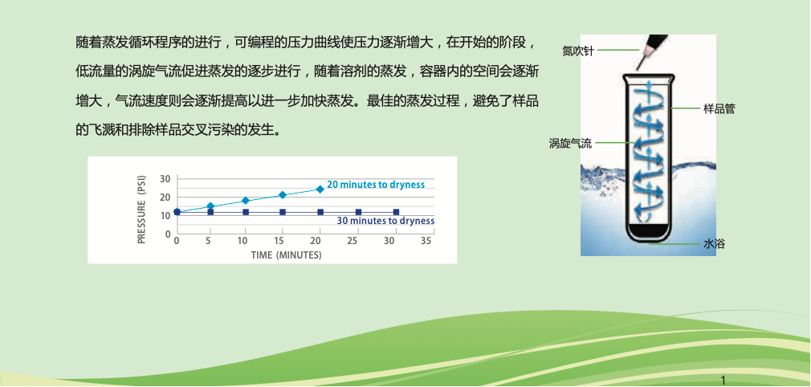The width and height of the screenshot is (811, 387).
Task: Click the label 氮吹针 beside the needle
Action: click(578, 51)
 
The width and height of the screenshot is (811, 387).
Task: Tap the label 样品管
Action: click(719, 108)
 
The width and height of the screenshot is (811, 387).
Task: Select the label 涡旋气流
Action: click(570, 143)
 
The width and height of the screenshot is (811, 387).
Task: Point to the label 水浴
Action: click(713, 244)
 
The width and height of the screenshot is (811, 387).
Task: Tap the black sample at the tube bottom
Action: click(647, 230)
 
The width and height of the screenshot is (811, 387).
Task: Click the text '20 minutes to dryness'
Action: click(376, 185)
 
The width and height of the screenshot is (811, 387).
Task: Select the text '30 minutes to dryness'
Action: click(385, 221)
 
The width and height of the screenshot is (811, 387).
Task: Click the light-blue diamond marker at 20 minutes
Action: click(320, 189)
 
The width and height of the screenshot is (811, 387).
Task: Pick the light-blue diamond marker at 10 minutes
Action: click(246, 200)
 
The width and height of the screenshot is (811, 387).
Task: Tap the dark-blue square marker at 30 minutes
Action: click(396, 212)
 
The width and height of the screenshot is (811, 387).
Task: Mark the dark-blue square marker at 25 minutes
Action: click(358, 212)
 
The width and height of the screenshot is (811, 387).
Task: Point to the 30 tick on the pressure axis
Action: click(165, 179)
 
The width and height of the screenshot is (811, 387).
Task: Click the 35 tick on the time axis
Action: click(426, 241)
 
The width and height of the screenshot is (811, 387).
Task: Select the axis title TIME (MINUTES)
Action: click(286, 255)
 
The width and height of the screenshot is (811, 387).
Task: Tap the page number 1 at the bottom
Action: click(723, 381)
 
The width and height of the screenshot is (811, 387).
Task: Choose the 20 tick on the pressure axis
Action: click(165, 198)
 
